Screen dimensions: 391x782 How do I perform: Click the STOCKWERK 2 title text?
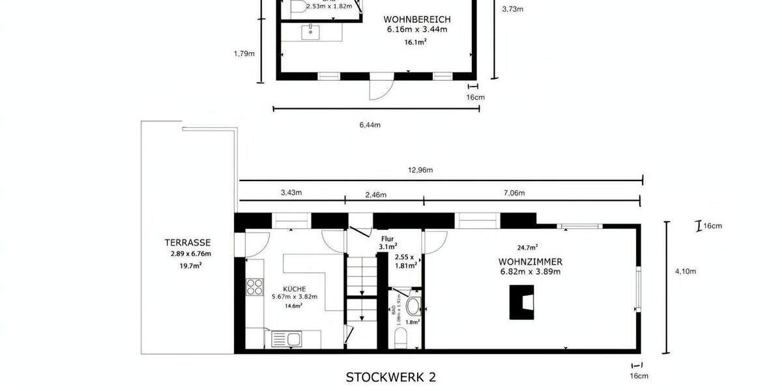click(390, 377)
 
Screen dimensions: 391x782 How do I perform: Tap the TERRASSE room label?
click(187, 242)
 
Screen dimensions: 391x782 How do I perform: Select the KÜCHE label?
click(293, 289)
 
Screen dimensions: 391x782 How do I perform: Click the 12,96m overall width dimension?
click(420, 170)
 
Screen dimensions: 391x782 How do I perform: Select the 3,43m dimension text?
click(291, 193)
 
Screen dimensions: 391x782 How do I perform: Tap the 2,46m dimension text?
click(375, 195)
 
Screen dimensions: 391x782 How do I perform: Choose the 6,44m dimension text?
click(369, 124)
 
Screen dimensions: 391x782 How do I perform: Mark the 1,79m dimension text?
click(243, 54)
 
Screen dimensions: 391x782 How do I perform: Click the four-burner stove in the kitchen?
click(254, 287)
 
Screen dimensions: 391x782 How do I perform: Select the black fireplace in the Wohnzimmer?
click(522, 303)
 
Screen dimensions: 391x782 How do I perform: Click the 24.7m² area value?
click(527, 247)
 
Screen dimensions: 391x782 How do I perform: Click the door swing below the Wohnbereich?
click(381, 89)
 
